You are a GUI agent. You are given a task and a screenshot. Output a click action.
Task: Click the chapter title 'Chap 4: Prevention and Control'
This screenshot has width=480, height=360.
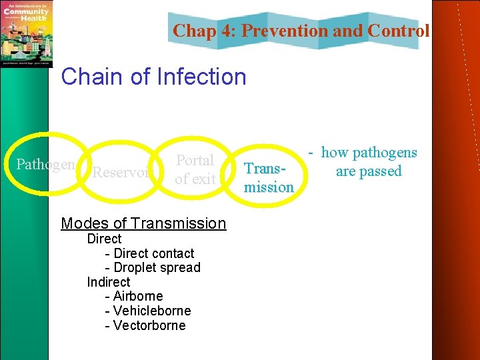301,31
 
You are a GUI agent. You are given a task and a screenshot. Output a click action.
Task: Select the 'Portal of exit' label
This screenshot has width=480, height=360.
195,169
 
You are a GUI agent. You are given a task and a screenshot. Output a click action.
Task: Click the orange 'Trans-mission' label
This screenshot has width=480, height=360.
268,179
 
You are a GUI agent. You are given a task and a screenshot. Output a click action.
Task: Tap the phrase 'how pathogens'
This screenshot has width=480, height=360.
369,153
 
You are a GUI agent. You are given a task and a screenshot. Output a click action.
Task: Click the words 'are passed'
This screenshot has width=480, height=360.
369,171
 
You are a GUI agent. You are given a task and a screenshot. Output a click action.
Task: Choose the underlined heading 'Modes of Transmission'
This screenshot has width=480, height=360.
143,223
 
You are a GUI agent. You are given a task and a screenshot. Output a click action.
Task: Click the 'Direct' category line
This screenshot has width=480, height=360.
104,239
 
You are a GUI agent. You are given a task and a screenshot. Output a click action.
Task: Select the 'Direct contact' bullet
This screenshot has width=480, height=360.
153,253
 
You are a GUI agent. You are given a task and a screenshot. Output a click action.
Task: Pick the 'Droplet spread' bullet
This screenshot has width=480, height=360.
157,267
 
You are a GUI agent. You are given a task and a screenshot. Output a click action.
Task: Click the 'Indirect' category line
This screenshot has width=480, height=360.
108,282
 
